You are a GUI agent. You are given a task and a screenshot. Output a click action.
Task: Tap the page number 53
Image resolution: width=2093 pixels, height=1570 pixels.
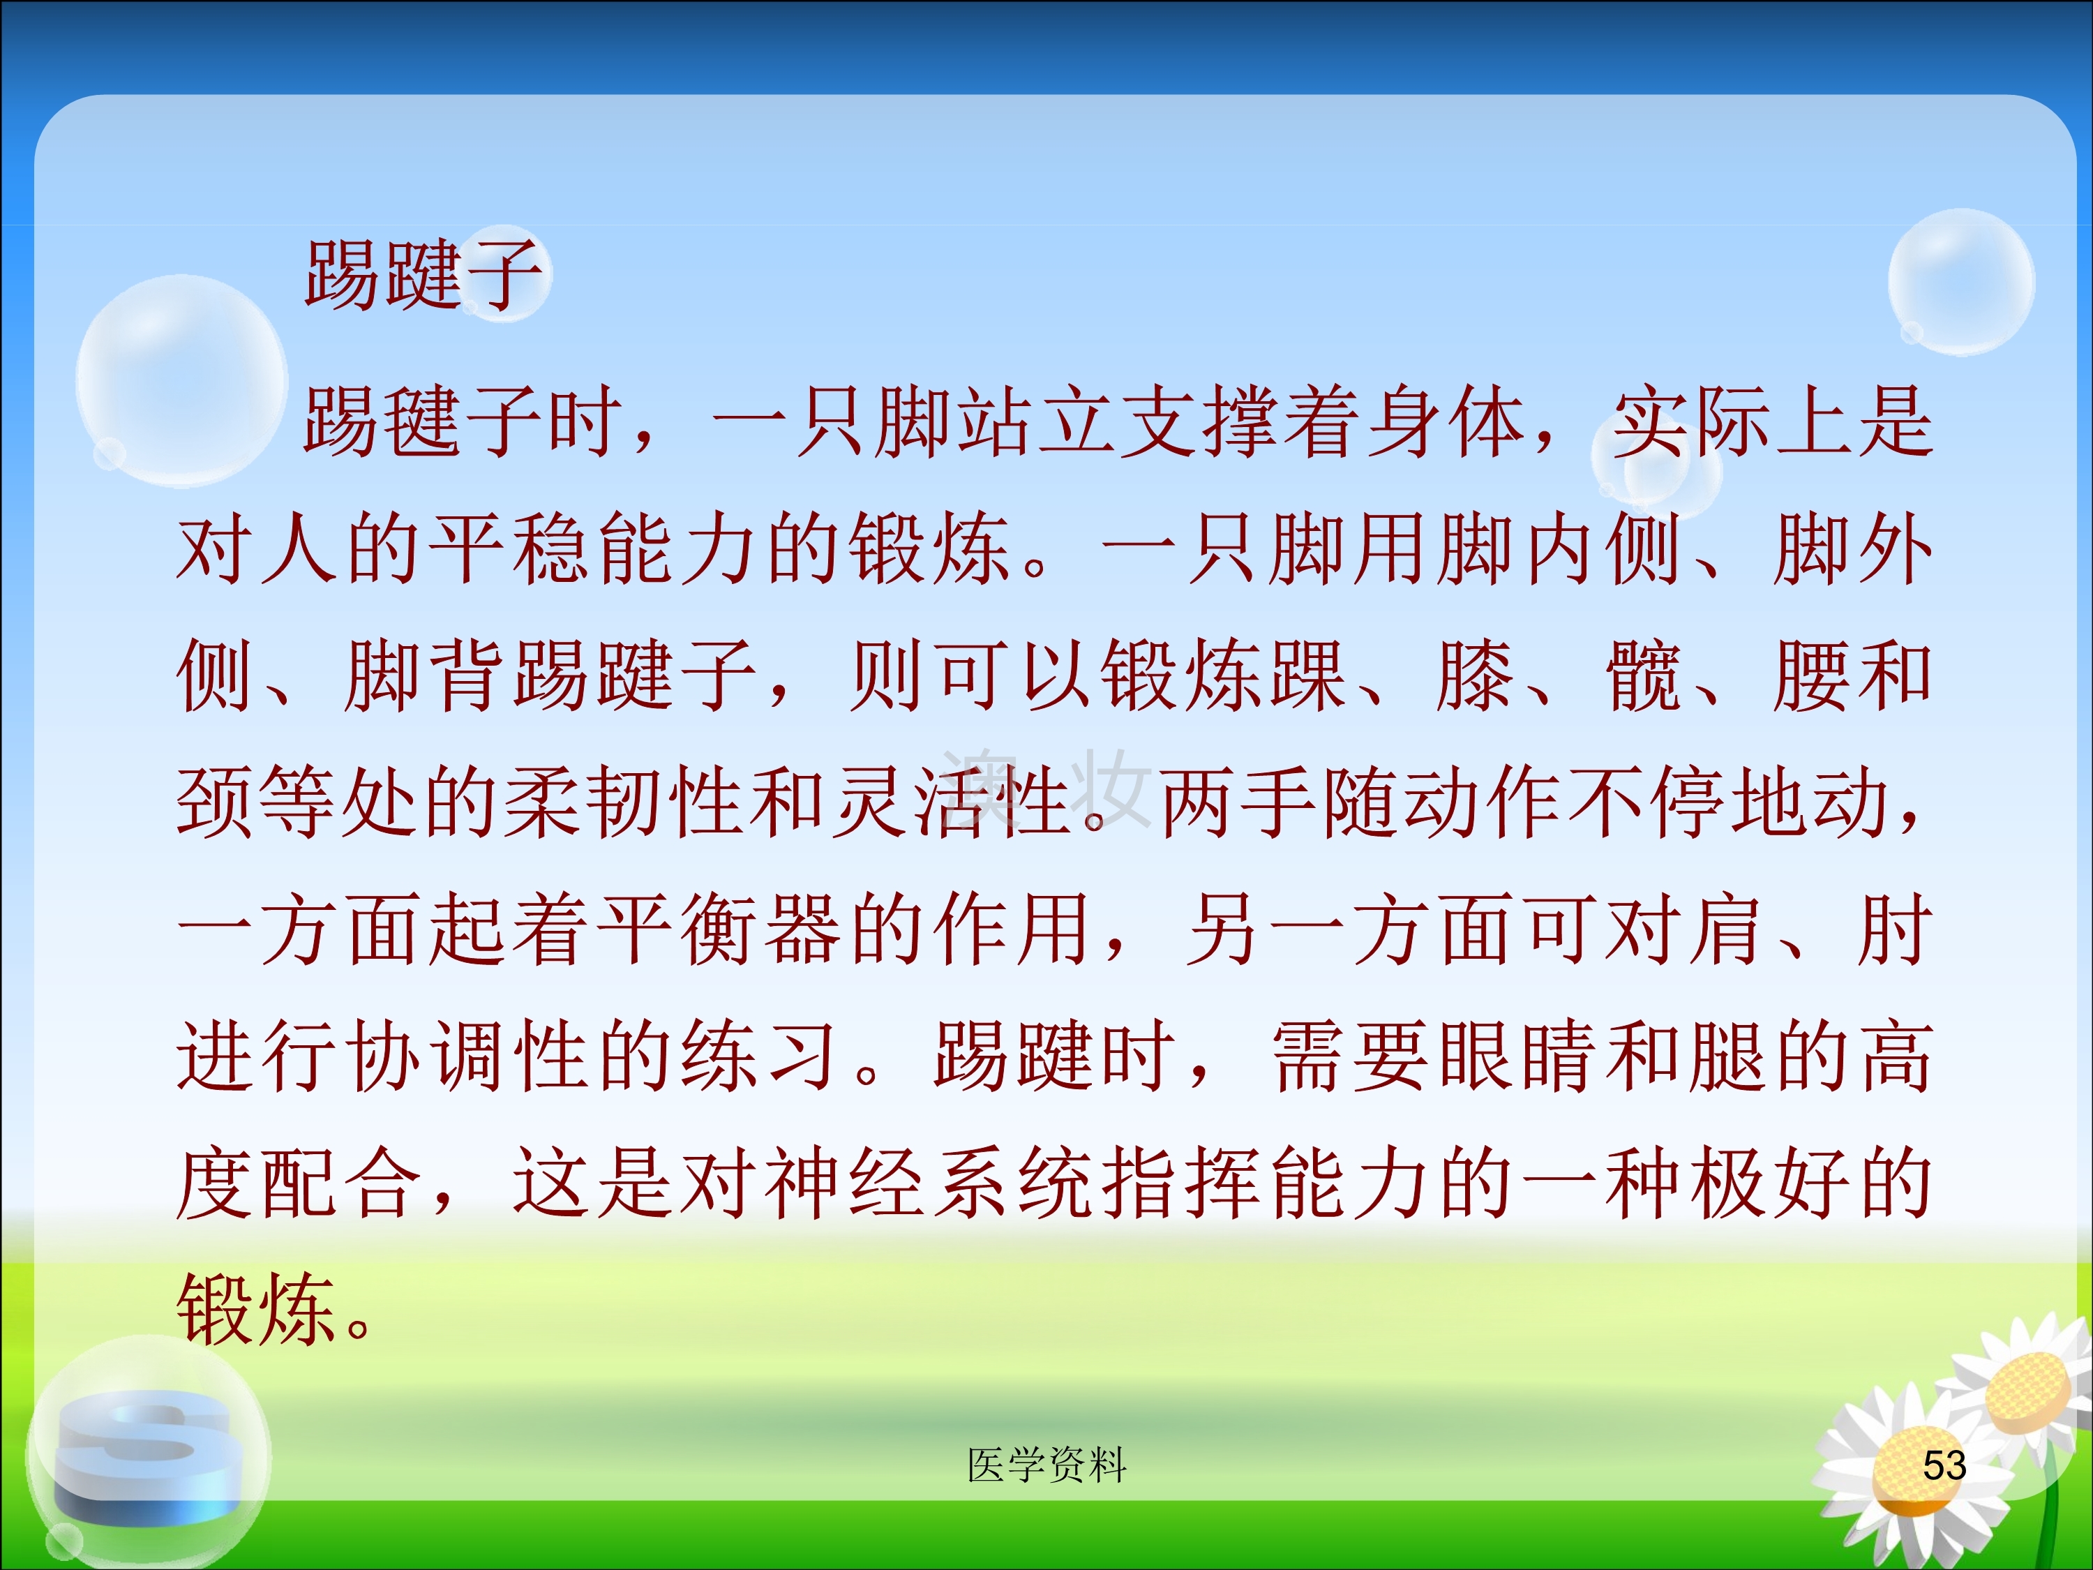click(x=1944, y=1465)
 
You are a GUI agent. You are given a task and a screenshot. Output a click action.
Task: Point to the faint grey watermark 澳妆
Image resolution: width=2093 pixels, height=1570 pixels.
click(x=1046, y=789)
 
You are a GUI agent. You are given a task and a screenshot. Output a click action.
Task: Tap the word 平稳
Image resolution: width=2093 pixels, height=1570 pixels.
click(x=511, y=549)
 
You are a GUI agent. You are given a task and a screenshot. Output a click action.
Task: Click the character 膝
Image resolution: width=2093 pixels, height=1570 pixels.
click(x=1474, y=675)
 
